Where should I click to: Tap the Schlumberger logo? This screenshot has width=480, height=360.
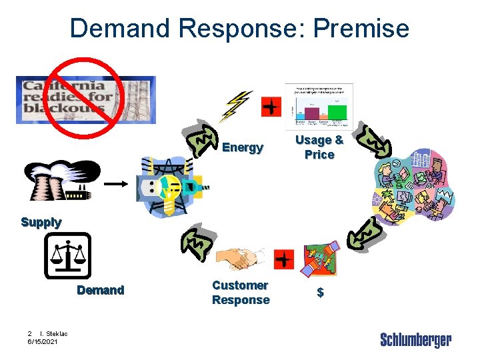pos(415,340)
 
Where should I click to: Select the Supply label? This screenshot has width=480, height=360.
pos(41,222)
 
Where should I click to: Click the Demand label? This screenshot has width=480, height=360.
pos(100,290)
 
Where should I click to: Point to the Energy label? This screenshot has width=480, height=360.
pos(243,147)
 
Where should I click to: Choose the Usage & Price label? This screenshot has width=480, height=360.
pos(319,147)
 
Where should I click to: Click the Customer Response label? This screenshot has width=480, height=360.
pos(241,293)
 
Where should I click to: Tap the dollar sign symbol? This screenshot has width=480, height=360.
pos(320,293)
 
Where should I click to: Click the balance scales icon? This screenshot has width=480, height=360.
pos(67,255)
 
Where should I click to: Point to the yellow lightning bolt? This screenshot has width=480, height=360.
pos(238,106)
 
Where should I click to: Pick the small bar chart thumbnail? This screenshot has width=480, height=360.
pos(319,105)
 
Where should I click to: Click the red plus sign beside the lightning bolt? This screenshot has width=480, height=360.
pos(271,106)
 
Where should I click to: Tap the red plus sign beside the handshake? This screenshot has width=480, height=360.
pos(283,259)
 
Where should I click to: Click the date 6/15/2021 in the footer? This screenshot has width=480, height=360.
pos(43,341)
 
